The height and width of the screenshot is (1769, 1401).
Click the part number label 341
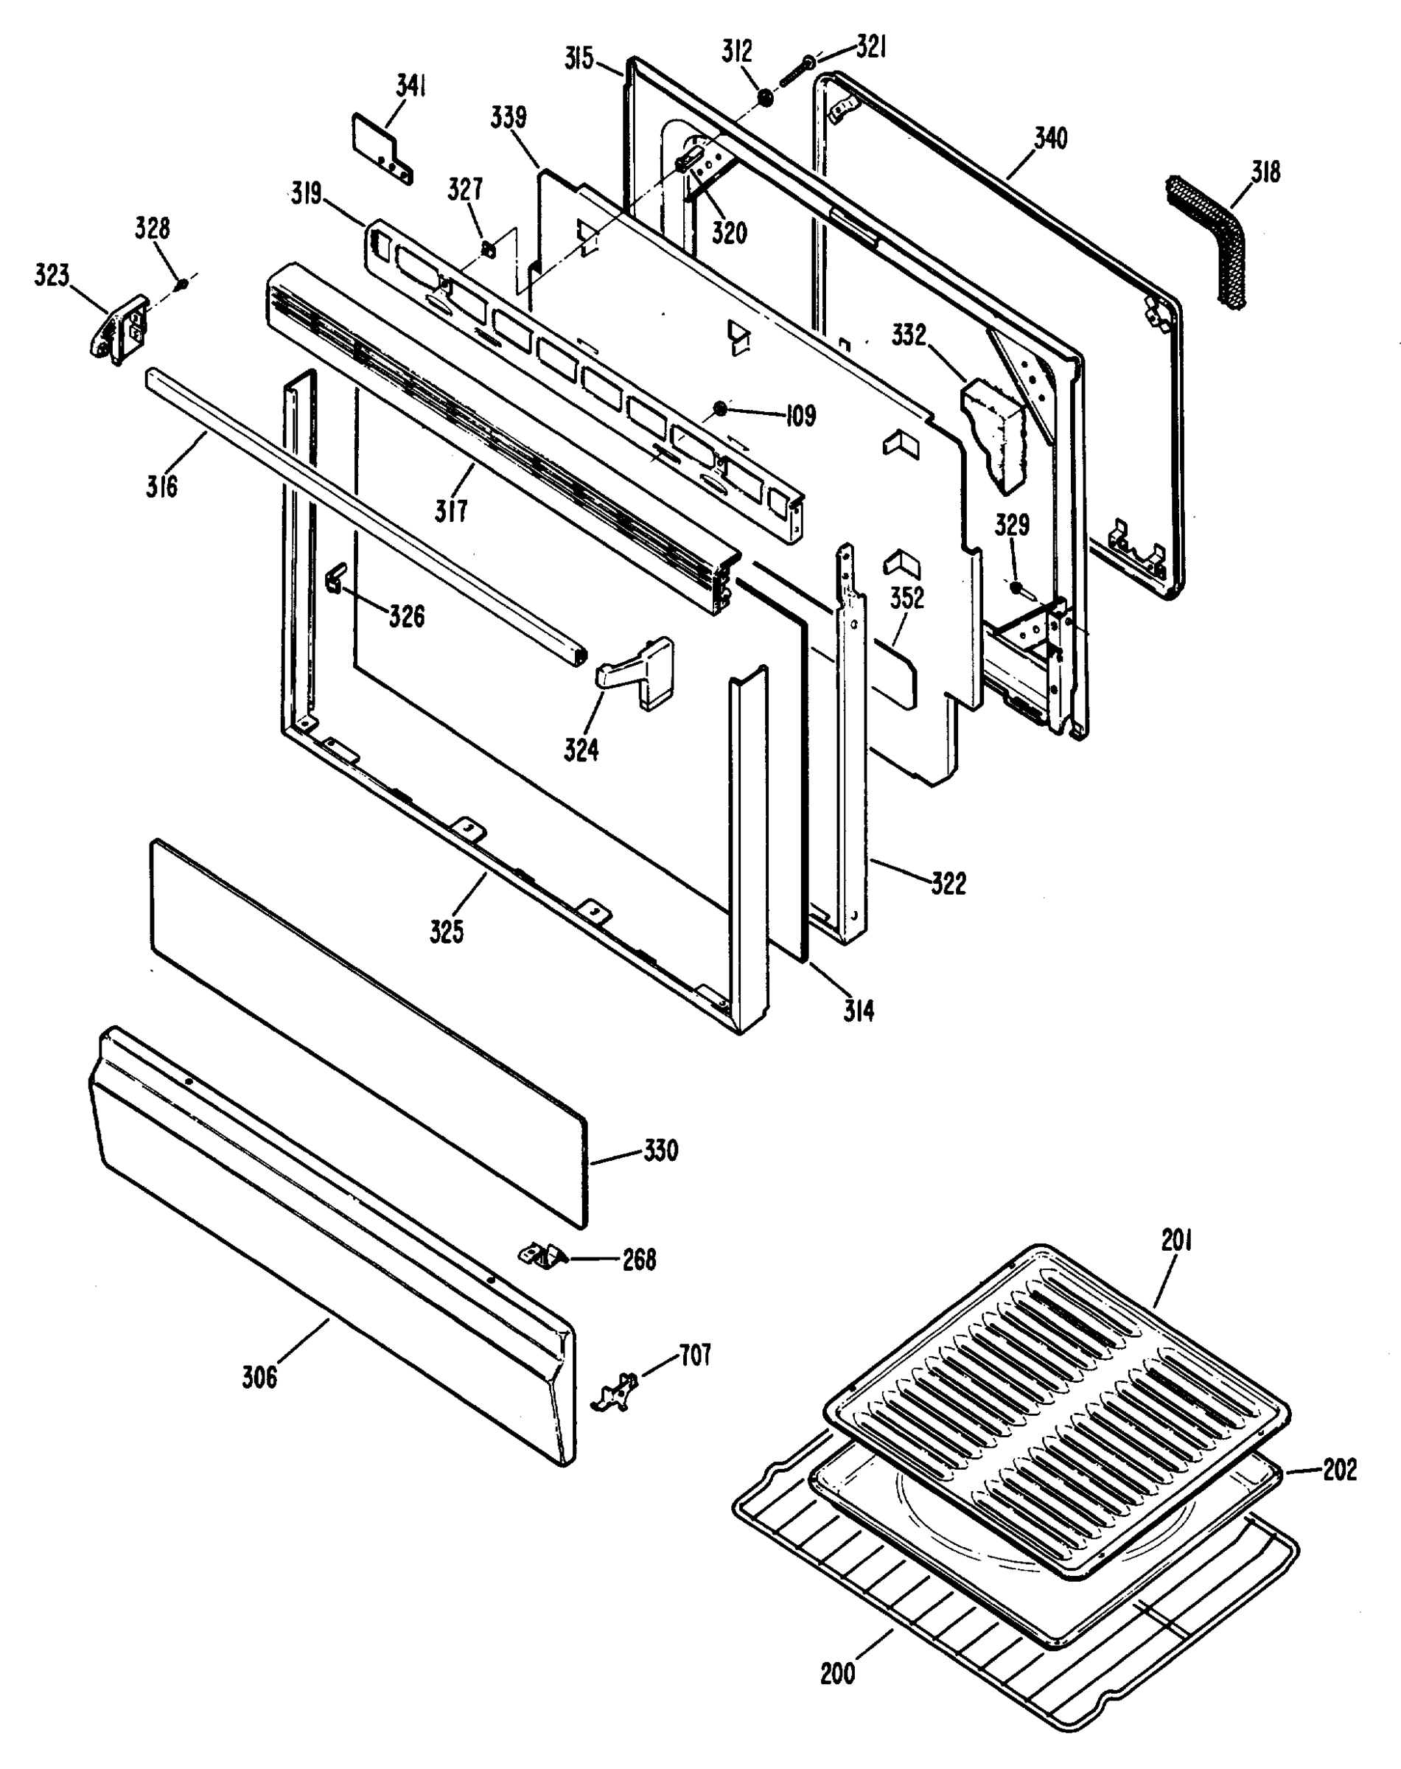[x=411, y=86]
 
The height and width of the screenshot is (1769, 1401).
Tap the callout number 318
[x=1265, y=172]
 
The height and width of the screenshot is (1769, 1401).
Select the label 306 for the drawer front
[x=259, y=1376]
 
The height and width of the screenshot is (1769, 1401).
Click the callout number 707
[x=694, y=1355]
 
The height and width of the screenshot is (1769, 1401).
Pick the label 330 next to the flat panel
[x=660, y=1151]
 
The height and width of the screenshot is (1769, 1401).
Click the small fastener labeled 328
[x=183, y=284]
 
